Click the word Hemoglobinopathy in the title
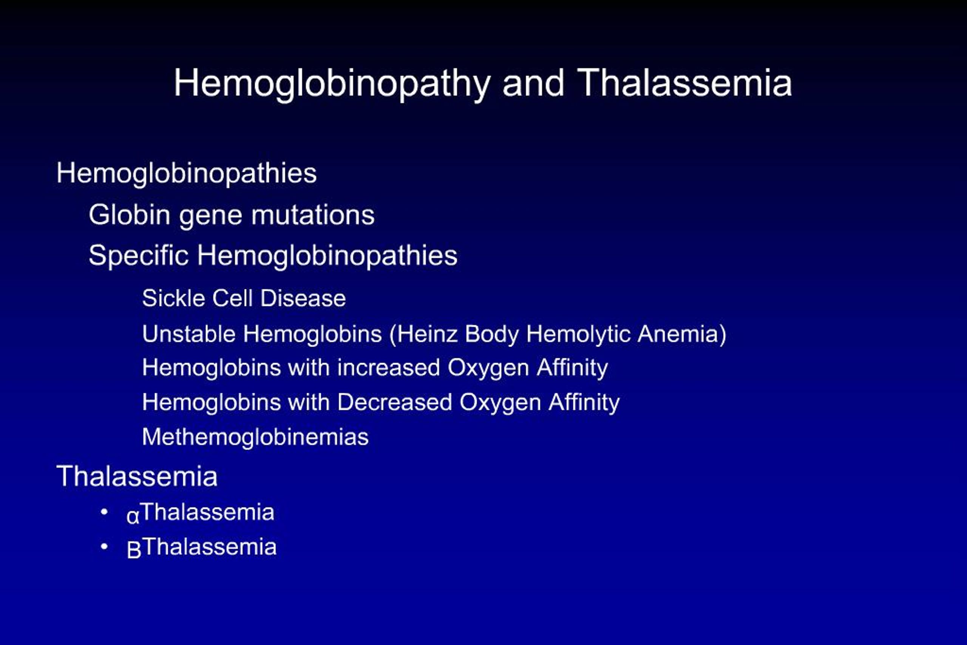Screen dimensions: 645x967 pyautogui.click(x=332, y=83)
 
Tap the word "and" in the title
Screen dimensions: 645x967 pyautogui.click(x=533, y=83)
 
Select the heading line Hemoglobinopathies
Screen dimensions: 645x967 pyautogui.click(x=186, y=173)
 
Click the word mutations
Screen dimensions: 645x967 pyautogui.click(x=313, y=215)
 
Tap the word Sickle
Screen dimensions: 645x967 pyautogui.click(x=173, y=298)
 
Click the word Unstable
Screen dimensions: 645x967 pyautogui.click(x=188, y=333)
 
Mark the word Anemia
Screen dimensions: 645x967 pyautogui.click(x=678, y=333)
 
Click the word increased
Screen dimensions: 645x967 pyautogui.click(x=388, y=367)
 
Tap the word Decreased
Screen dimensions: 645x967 pyautogui.click(x=395, y=402)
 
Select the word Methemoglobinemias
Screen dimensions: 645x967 pyautogui.click(x=255, y=437)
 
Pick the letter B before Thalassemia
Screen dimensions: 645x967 pyautogui.click(x=134, y=550)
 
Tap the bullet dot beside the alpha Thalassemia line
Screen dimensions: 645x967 pyautogui.click(x=104, y=512)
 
